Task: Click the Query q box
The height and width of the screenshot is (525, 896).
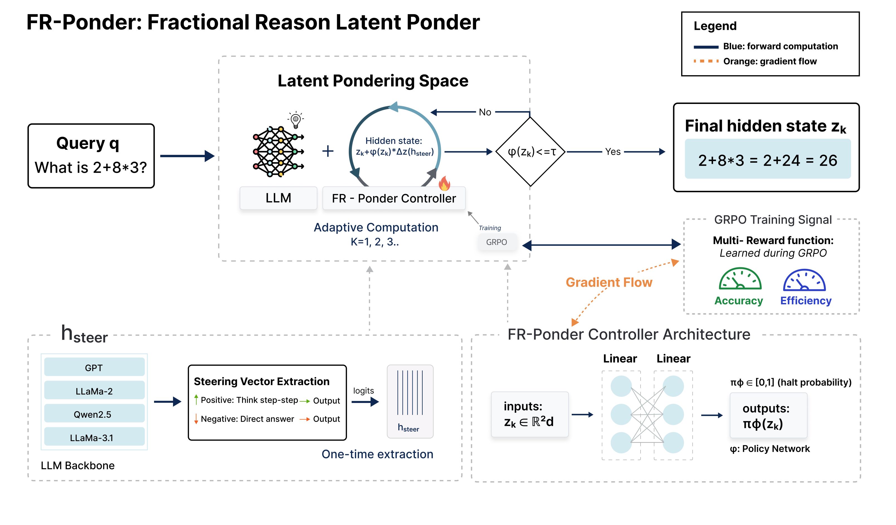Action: pos(91,156)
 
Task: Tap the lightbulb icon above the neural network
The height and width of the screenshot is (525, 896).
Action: pos(296,120)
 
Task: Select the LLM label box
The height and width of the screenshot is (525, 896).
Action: pos(278,198)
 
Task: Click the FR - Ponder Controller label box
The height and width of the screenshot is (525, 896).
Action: pos(394,198)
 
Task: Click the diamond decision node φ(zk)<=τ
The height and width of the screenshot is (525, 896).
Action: pos(530,152)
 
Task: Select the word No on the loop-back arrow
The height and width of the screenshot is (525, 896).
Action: pos(485,112)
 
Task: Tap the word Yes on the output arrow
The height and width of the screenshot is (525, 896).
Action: pos(613,152)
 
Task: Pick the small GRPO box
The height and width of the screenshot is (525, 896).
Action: pos(496,242)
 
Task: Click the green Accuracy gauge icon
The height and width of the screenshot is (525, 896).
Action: pos(740,279)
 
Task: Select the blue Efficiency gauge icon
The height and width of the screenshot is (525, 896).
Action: pos(804,280)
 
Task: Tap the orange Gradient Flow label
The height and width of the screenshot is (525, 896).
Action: pos(609,282)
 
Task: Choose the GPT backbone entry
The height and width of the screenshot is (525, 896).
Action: pos(94,368)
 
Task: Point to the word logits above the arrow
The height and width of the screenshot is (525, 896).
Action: pos(363,391)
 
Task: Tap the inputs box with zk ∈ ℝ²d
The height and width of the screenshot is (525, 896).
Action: pos(529,414)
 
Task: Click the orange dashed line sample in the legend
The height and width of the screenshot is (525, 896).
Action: pos(705,61)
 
